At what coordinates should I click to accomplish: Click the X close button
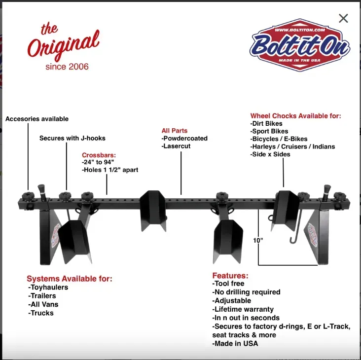(343, 18)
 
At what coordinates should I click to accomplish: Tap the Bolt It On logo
(300, 46)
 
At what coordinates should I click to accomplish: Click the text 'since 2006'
(67, 67)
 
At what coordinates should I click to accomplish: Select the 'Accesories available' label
(37, 119)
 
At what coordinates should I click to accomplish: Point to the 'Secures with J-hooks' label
(72, 138)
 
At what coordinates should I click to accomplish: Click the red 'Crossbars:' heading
(99, 155)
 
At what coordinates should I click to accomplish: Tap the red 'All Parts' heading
(175, 131)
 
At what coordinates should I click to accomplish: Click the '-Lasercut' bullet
(176, 146)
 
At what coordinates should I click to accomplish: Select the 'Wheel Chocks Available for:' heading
(295, 116)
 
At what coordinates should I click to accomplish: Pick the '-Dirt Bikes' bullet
(266, 124)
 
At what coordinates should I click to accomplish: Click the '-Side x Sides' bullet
(270, 154)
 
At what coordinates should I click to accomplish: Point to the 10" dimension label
(258, 240)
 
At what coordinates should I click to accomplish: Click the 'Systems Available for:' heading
(70, 279)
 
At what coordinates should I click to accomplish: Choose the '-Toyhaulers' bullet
(48, 288)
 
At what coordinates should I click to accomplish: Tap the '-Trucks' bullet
(41, 313)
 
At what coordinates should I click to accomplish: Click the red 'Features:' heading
(230, 276)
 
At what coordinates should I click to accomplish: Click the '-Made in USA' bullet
(235, 344)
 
